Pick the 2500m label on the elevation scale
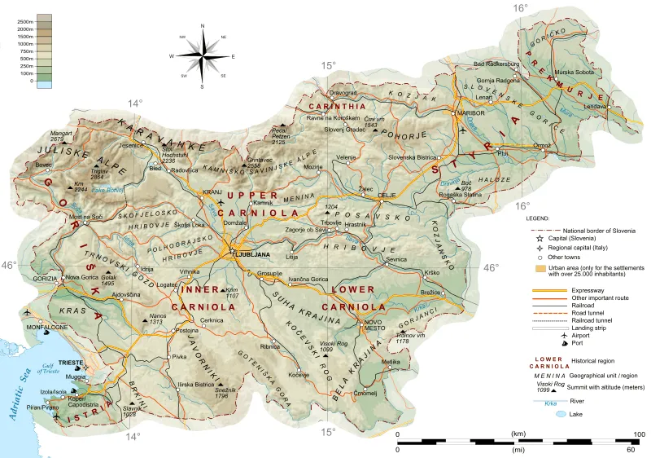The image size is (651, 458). point(24,17)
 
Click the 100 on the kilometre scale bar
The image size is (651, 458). point(639,434)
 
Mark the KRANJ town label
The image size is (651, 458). point(212,192)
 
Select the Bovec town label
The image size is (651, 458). point(44,164)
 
